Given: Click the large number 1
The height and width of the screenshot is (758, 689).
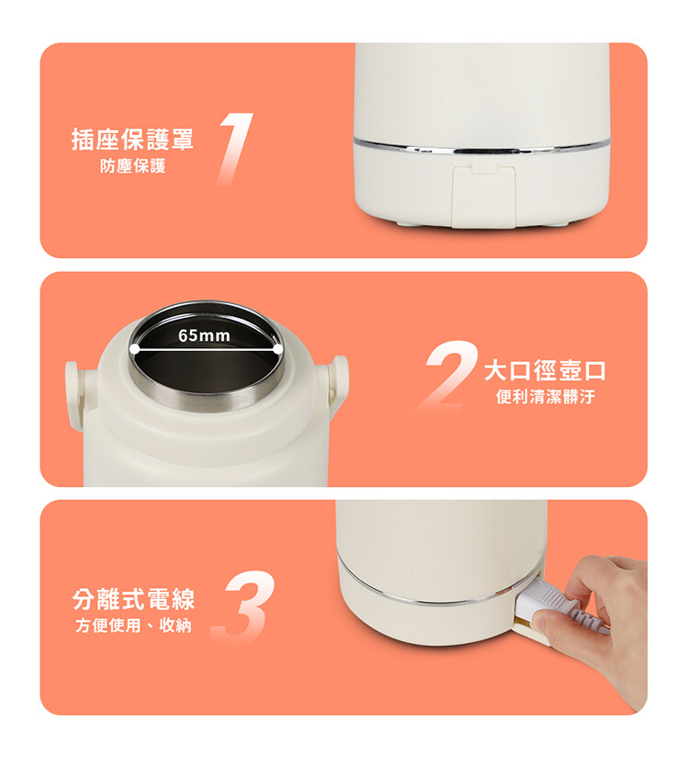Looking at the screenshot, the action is tap(235, 148).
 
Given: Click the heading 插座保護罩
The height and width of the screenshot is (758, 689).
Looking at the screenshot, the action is tap(132, 140).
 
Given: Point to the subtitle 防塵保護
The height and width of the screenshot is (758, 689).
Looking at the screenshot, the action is tap(132, 165).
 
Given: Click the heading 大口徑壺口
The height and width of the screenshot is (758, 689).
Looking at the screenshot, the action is tap(545, 370).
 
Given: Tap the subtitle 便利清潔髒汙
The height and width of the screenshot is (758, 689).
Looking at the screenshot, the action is tap(546, 397).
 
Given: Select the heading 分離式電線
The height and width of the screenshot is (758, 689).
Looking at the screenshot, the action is tap(133, 599).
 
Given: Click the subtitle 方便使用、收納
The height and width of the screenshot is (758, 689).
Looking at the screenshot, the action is tap(133, 626).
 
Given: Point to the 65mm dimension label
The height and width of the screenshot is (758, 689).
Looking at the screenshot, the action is tap(204, 335).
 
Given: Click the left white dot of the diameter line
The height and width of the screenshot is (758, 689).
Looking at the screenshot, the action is tap(134, 348).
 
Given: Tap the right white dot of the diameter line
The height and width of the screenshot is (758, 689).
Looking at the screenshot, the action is tap(277, 348).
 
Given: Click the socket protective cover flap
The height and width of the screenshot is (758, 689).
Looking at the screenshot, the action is tap(483, 196).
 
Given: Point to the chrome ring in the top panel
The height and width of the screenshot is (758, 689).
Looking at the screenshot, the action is tap(481, 147).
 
